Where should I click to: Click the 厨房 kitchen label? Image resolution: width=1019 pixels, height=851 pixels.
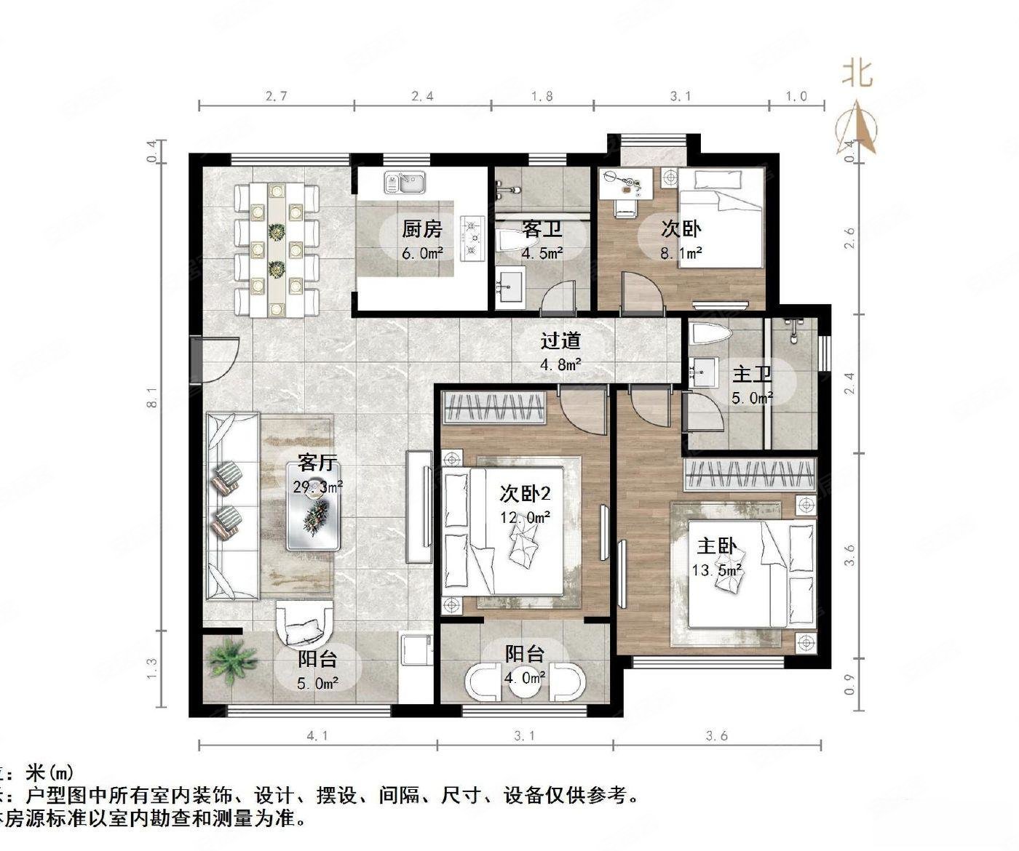click(x=422, y=229)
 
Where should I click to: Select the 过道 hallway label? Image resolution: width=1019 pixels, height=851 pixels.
click(x=560, y=340)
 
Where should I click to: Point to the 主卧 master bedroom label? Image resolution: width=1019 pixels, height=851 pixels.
click(x=717, y=546)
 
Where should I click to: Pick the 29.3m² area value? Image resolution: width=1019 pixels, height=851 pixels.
click(x=318, y=487)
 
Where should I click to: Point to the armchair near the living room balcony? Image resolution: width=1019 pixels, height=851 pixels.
click(x=305, y=626)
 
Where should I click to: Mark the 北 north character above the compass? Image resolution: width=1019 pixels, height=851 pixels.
click(x=857, y=73)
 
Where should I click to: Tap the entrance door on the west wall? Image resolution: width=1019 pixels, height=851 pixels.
click(x=197, y=359)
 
